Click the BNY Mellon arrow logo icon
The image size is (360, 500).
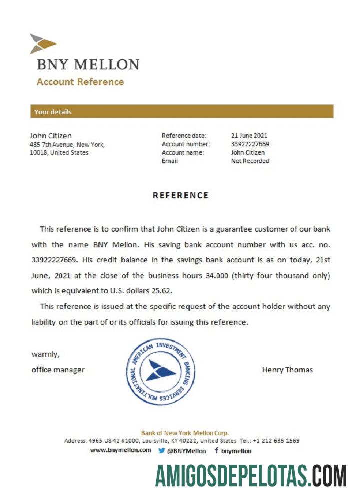42,44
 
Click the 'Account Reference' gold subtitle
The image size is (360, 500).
80,82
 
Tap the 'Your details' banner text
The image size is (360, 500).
53,112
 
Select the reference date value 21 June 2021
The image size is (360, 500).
249,136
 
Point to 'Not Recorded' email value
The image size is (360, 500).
250,161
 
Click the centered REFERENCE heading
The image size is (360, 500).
180,195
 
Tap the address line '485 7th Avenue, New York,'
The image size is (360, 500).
67,145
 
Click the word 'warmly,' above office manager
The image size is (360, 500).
46,355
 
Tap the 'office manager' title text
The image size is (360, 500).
58,370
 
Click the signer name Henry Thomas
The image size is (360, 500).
287,370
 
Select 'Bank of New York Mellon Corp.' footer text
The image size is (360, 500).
185,433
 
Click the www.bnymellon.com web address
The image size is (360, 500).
121,450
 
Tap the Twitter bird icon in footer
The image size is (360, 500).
162,450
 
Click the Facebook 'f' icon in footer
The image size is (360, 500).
217,450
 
